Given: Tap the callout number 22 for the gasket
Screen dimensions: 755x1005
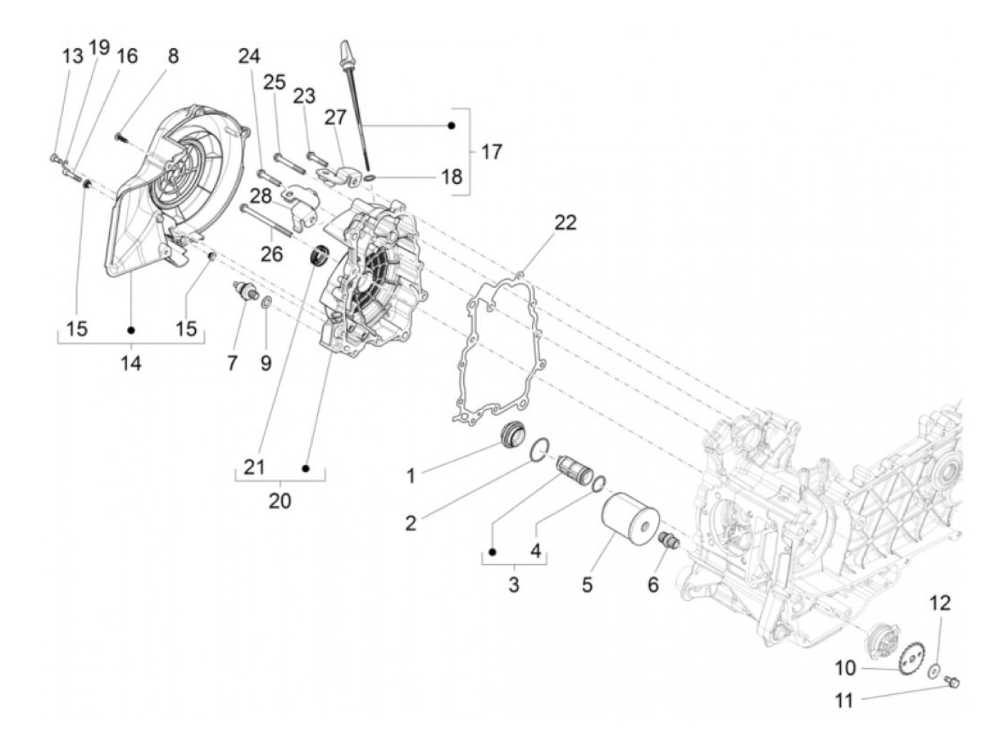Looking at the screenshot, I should tap(565, 222).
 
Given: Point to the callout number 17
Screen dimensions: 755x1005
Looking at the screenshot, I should tap(492, 152).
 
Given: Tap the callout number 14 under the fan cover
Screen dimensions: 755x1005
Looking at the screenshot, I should tap(131, 363).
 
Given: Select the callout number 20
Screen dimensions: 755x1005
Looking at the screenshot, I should tap(280, 500).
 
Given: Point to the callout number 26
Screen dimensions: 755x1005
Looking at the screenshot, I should tap(271, 253).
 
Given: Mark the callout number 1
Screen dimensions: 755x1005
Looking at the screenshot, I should tap(411, 476).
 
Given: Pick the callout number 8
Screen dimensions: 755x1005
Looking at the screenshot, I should tap(173, 56).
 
